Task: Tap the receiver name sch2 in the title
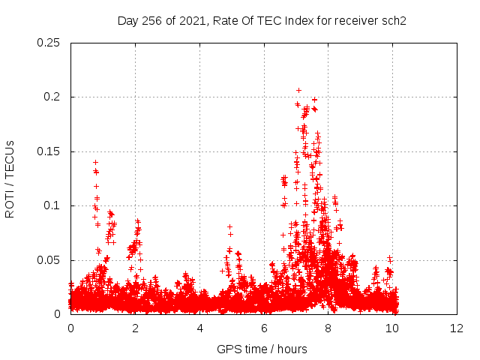(392, 20)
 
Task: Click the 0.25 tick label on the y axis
(49, 43)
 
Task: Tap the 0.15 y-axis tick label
(49, 151)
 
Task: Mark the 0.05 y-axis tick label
(49, 260)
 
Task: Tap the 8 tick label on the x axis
(328, 328)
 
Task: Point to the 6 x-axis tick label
(264, 328)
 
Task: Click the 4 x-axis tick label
(199, 328)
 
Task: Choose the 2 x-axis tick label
(135, 328)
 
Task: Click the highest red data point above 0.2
(298, 90)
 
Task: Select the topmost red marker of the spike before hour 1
(95, 162)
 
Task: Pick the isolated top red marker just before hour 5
(229, 226)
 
